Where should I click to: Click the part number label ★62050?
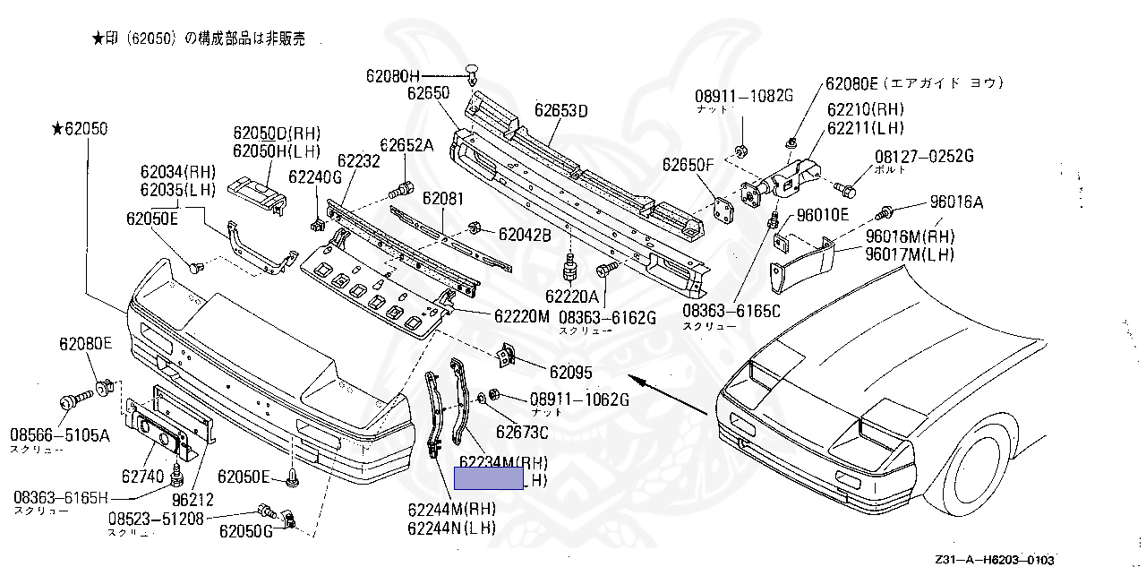click(x=80, y=129)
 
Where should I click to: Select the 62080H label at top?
click(x=392, y=75)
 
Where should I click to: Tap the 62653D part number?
click(x=561, y=111)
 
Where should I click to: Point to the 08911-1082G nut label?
click(x=745, y=96)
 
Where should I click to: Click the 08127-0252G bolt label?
click(x=924, y=157)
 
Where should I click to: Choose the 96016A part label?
click(x=956, y=202)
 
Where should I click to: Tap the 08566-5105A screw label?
click(x=60, y=435)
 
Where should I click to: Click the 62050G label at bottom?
click(x=245, y=530)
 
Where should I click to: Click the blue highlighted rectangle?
click(x=489, y=480)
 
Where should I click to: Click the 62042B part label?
click(x=525, y=235)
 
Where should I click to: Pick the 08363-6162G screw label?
click(x=608, y=317)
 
